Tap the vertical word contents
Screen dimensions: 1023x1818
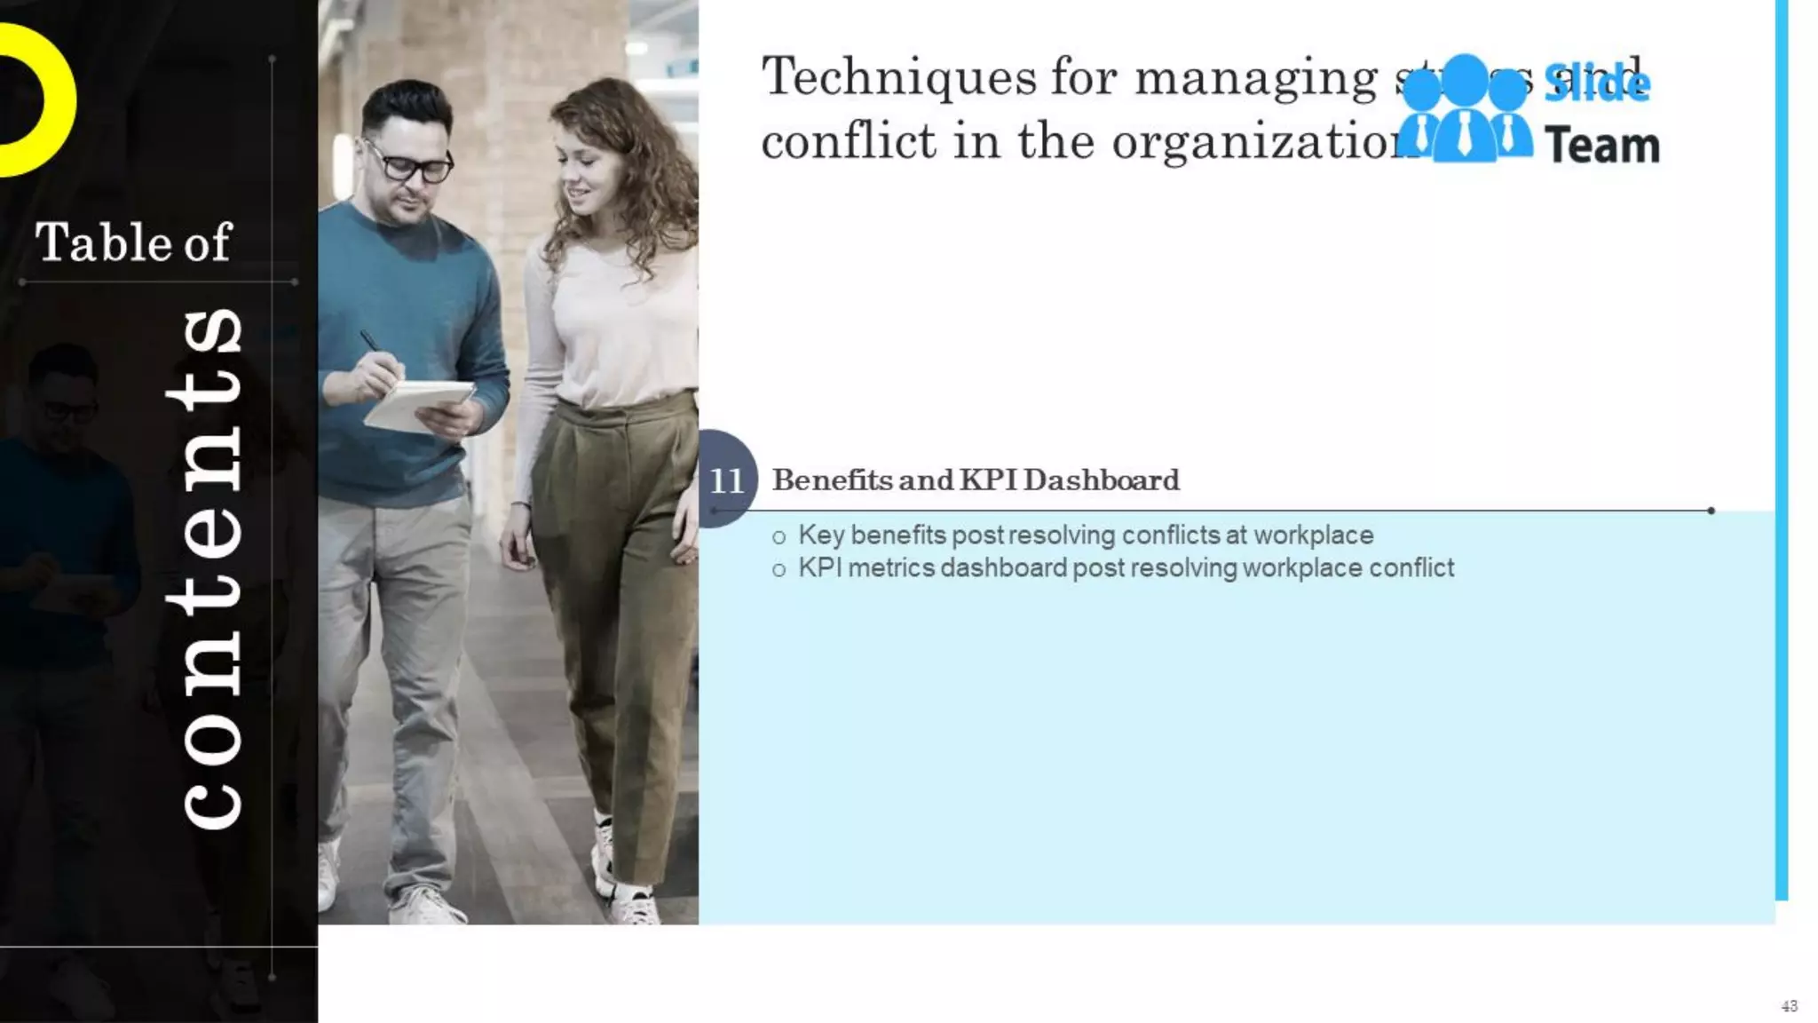[210, 568]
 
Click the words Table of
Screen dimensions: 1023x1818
[133, 242]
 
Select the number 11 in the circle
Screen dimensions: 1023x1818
[726, 480]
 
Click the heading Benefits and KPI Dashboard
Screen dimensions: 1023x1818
[975, 480]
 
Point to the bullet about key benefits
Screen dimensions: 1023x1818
[1085, 535]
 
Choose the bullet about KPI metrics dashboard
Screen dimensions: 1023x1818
[1125, 568]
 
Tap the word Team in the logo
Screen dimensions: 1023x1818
[1601, 146]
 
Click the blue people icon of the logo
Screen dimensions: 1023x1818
[1465, 111]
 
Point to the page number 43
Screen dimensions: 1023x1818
[1789, 1006]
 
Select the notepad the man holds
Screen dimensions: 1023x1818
[417, 404]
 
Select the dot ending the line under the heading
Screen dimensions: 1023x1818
[1711, 511]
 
